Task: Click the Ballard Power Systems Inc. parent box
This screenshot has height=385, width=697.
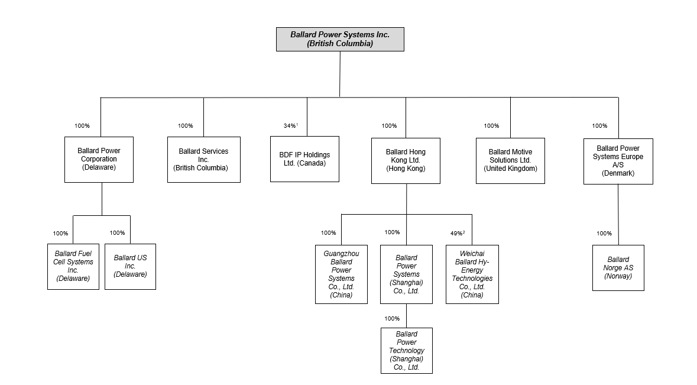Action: (x=340, y=39)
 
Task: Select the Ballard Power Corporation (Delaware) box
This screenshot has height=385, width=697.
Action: (x=99, y=160)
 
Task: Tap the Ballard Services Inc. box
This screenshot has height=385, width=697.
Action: (x=203, y=160)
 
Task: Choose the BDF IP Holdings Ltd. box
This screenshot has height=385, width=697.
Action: (x=304, y=159)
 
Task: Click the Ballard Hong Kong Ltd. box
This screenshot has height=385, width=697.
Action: (x=406, y=160)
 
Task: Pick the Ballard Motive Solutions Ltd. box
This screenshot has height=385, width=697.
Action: (x=510, y=160)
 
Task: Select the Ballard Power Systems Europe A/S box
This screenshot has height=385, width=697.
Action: (x=618, y=161)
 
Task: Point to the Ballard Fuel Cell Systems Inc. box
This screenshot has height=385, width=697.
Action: (x=73, y=267)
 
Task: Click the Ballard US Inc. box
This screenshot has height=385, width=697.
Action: (x=130, y=267)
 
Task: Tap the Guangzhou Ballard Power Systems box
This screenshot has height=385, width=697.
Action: (x=341, y=274)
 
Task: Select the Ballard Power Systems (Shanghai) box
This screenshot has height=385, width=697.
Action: (x=406, y=274)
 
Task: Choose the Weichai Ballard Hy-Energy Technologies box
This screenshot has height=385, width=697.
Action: (x=472, y=274)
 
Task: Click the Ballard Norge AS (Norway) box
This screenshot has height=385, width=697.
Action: (x=618, y=268)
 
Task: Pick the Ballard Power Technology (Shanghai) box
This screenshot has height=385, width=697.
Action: (x=407, y=351)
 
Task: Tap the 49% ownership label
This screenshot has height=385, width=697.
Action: (x=458, y=233)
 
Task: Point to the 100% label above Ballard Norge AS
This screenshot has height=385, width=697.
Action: (x=604, y=233)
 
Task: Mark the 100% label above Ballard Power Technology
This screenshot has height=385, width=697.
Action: (x=392, y=318)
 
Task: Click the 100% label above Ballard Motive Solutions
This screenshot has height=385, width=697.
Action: (x=492, y=126)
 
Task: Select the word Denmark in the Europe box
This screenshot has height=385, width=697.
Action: (x=618, y=173)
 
